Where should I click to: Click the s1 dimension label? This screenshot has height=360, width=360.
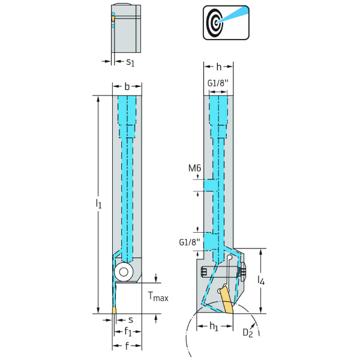coord(130,61)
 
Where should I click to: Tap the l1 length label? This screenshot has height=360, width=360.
coord(98,204)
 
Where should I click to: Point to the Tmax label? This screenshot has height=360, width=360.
coord(158,296)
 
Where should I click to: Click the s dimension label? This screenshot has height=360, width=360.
coord(130,320)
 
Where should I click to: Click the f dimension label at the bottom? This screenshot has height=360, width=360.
coord(127,346)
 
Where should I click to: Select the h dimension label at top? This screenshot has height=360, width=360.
coord(219,67)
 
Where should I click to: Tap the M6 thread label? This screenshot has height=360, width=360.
coord(194,170)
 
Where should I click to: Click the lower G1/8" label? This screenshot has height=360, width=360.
coord(190,242)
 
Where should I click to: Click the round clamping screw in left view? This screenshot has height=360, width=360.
coord(124,271)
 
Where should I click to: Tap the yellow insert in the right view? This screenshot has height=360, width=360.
coord(226,300)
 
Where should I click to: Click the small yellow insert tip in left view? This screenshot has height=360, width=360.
coord(114,310)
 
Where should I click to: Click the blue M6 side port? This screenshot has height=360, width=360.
coord(208,185)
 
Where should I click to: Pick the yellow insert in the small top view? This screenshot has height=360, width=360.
coord(113,20)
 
